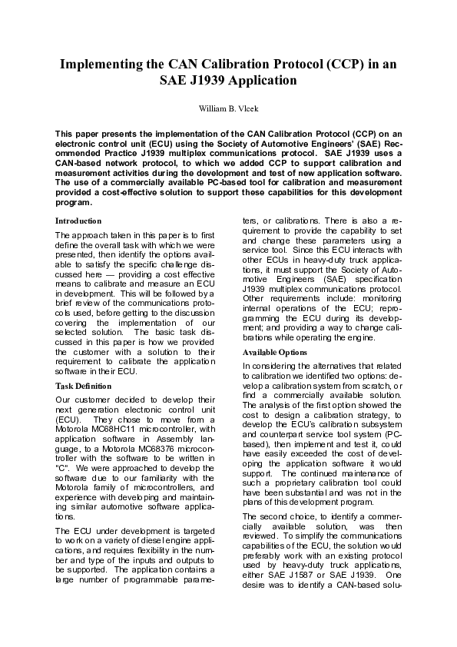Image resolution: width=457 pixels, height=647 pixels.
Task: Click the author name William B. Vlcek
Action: (228, 108)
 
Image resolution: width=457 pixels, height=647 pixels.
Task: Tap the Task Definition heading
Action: (83, 384)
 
